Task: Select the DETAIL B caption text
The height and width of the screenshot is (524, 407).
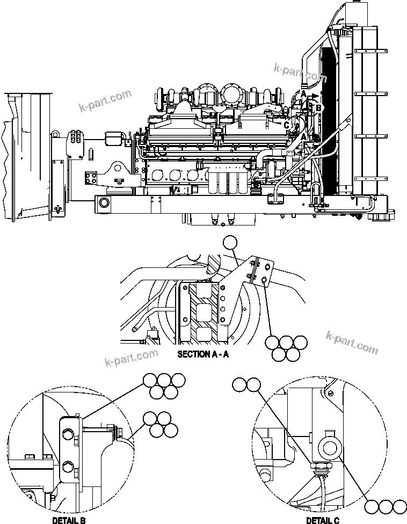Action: [x=69, y=520]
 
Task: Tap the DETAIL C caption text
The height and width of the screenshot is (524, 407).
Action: [x=323, y=520]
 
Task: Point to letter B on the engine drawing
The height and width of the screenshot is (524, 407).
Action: [x=319, y=108]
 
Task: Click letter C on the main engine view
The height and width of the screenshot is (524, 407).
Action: [x=287, y=125]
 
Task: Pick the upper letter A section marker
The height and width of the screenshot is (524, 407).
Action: [x=303, y=94]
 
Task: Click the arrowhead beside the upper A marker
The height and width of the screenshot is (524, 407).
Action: [x=315, y=97]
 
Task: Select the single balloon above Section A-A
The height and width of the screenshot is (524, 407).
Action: [x=230, y=243]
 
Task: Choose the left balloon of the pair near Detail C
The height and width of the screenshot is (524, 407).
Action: [x=239, y=384]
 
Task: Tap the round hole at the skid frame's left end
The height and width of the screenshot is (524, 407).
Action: [x=104, y=203]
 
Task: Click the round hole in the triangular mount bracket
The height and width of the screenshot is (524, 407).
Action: [x=119, y=170]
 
